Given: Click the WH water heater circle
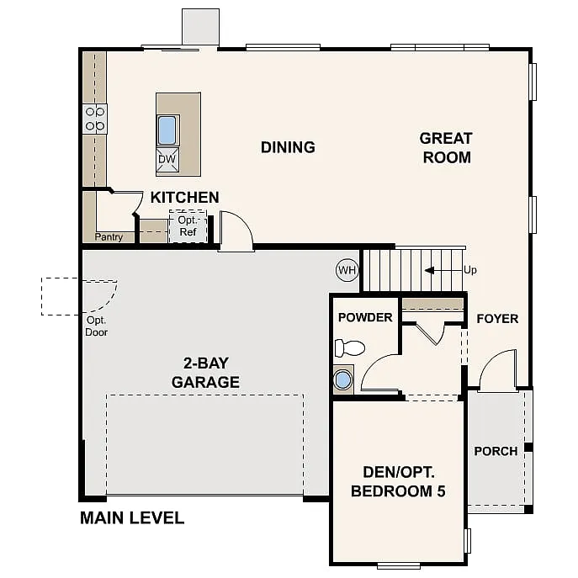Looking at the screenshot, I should coord(347,270).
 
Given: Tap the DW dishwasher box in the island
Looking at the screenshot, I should coord(167,159).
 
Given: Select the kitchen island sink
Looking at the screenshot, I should coord(167,130).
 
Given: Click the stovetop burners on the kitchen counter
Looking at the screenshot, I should coord(94,119).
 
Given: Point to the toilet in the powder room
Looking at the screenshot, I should coord(349,347).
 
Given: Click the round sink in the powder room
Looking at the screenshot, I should coord(343,379).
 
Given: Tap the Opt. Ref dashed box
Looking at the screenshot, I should coord(188,226).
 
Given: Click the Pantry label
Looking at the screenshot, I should coord(109,237).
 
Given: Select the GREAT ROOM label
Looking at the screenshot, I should coord(446,147).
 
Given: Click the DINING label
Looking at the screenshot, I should coord(288,147).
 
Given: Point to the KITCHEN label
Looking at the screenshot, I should coord(184,198).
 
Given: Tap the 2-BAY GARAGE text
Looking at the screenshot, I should coord(205,373).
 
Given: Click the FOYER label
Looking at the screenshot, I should coord(497,319).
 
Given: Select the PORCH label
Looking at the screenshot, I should coord(496,451).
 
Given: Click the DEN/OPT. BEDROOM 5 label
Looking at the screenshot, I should coord(398,481).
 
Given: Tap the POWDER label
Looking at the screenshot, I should coord(365,317).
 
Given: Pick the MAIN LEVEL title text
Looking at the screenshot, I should coord(132,517).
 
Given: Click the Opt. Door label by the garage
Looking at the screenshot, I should coord(97,326).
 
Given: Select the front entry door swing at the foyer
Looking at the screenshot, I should coord(498,371).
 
